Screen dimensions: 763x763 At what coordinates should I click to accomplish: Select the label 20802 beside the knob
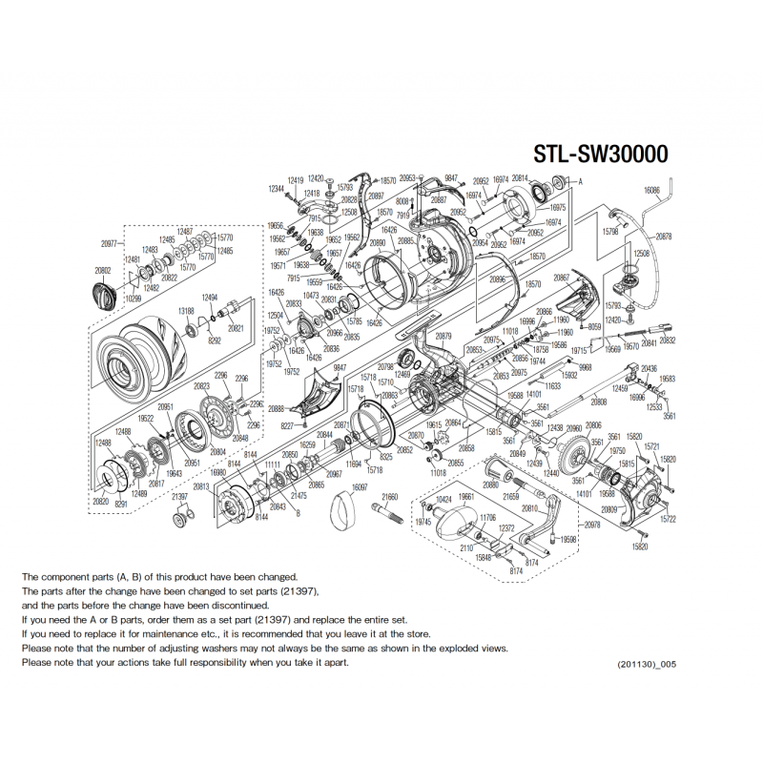pyautogui.click(x=103, y=271)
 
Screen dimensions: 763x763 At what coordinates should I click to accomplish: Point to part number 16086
pyautogui.click(x=652, y=191)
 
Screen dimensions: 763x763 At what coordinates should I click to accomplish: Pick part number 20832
pyautogui.click(x=668, y=340)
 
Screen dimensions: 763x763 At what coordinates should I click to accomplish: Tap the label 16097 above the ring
pyautogui.click(x=360, y=487)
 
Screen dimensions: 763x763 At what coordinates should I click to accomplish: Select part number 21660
pyautogui.click(x=390, y=498)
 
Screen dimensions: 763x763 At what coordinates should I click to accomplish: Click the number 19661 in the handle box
pyautogui.click(x=466, y=498)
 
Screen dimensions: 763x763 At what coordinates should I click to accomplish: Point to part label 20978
pyautogui.click(x=592, y=526)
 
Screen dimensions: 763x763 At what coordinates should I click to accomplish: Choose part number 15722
pyautogui.click(x=668, y=520)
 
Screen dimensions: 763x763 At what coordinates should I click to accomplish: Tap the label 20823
pyautogui.click(x=201, y=386)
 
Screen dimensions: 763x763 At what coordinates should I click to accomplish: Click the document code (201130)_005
pyautogui.click(x=651, y=663)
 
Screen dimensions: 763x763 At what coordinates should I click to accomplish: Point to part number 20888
pyautogui.click(x=279, y=407)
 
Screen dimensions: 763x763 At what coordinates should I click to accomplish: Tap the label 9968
pyautogui.click(x=585, y=367)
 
